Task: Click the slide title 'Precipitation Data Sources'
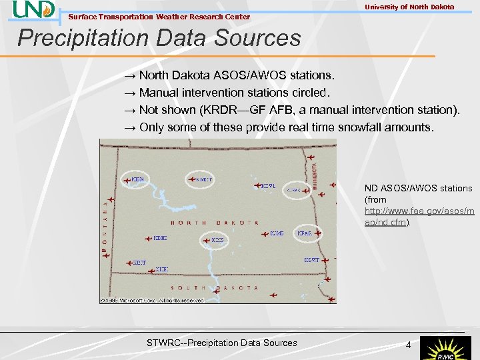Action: click(x=159, y=38)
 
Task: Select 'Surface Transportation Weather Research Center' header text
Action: click(x=159, y=17)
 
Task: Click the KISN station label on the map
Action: click(x=137, y=179)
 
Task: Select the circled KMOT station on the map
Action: click(x=204, y=179)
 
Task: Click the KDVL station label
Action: click(x=267, y=186)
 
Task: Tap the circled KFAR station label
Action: click(x=305, y=233)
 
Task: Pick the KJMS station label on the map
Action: click(x=277, y=233)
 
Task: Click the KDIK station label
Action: click(x=160, y=238)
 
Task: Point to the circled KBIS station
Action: click(x=217, y=240)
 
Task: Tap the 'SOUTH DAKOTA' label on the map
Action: click(x=214, y=287)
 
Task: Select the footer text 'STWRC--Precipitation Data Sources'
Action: click(x=221, y=343)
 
